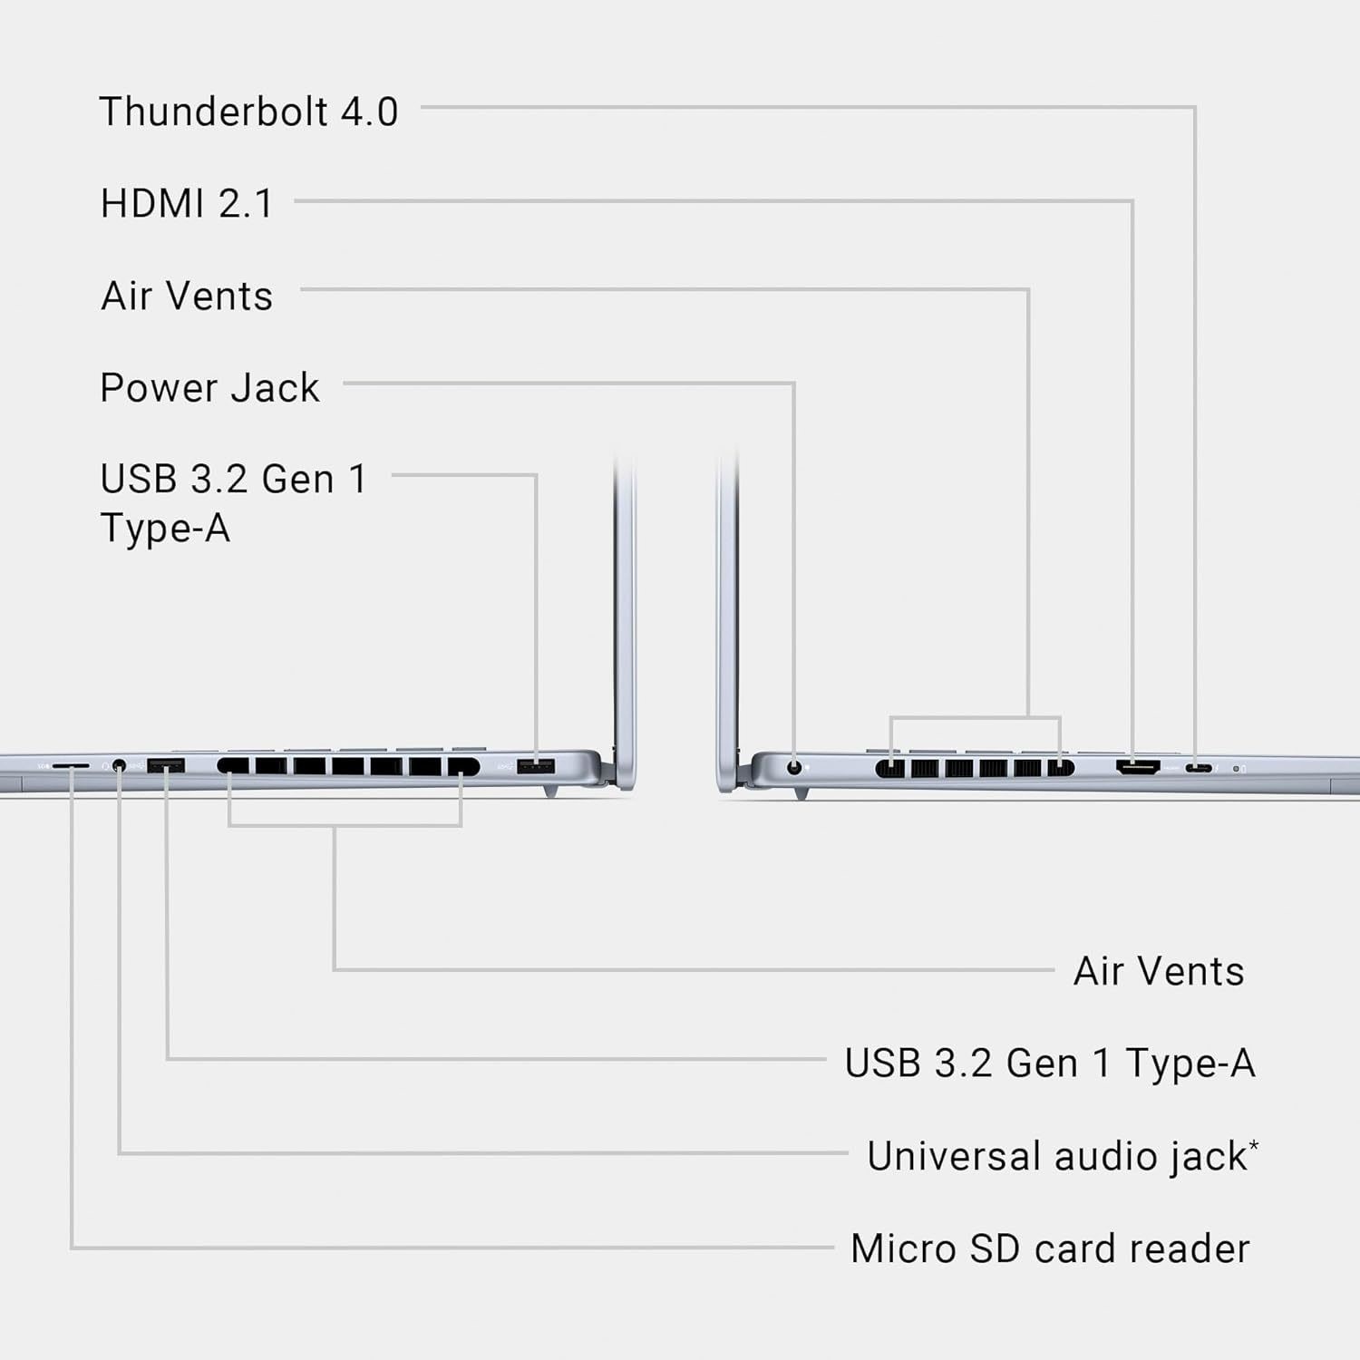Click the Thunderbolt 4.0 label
point(248,112)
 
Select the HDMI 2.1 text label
point(187,203)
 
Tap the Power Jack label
point(209,388)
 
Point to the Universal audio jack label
point(1057,1156)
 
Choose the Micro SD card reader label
point(1050,1248)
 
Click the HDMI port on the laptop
point(1137,767)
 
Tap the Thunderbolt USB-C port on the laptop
point(1198,768)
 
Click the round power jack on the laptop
point(795,767)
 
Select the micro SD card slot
point(71,766)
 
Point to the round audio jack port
point(119,766)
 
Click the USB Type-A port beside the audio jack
point(166,766)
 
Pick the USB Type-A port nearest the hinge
point(535,767)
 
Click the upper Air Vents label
point(187,296)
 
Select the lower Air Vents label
point(1159,971)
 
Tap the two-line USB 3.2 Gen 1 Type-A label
point(233,503)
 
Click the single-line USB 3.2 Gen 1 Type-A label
point(1050,1064)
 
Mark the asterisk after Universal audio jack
point(1254,1145)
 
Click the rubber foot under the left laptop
point(550,792)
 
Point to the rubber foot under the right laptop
point(801,793)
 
